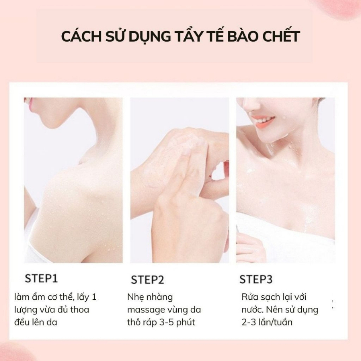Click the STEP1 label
[41, 278]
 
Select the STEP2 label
[147, 280]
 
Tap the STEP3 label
[256, 279]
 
